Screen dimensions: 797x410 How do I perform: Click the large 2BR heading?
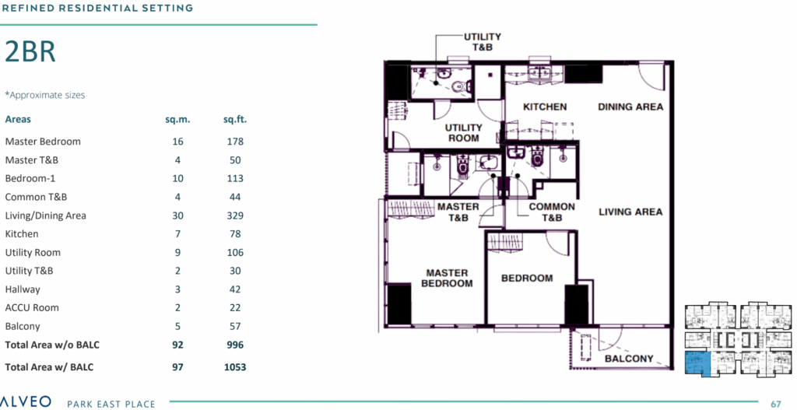click(30, 52)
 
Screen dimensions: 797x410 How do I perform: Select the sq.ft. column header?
click(235, 120)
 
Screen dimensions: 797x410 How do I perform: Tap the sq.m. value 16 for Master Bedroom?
click(178, 142)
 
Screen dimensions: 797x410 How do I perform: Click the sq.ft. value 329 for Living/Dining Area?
click(235, 216)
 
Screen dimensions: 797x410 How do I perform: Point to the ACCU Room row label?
click(31, 308)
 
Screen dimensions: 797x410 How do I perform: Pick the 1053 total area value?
click(235, 366)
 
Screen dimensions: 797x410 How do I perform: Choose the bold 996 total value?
click(235, 345)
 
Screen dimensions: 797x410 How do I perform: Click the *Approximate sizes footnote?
click(44, 95)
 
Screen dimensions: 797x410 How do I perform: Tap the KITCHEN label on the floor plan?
click(545, 107)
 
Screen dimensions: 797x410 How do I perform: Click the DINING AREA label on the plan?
click(630, 107)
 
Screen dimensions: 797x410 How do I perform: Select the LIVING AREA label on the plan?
click(630, 212)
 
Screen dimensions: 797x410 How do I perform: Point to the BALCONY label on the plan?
click(629, 359)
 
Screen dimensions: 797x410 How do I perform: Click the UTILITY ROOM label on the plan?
click(464, 132)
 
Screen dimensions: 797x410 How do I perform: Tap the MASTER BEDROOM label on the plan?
click(447, 278)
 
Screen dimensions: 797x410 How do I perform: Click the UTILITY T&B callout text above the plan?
click(482, 42)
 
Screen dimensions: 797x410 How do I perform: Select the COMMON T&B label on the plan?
click(552, 212)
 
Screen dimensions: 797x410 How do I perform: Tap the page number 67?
click(776, 404)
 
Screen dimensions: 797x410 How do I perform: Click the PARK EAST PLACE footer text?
click(111, 404)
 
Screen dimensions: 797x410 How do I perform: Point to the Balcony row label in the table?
click(23, 326)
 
